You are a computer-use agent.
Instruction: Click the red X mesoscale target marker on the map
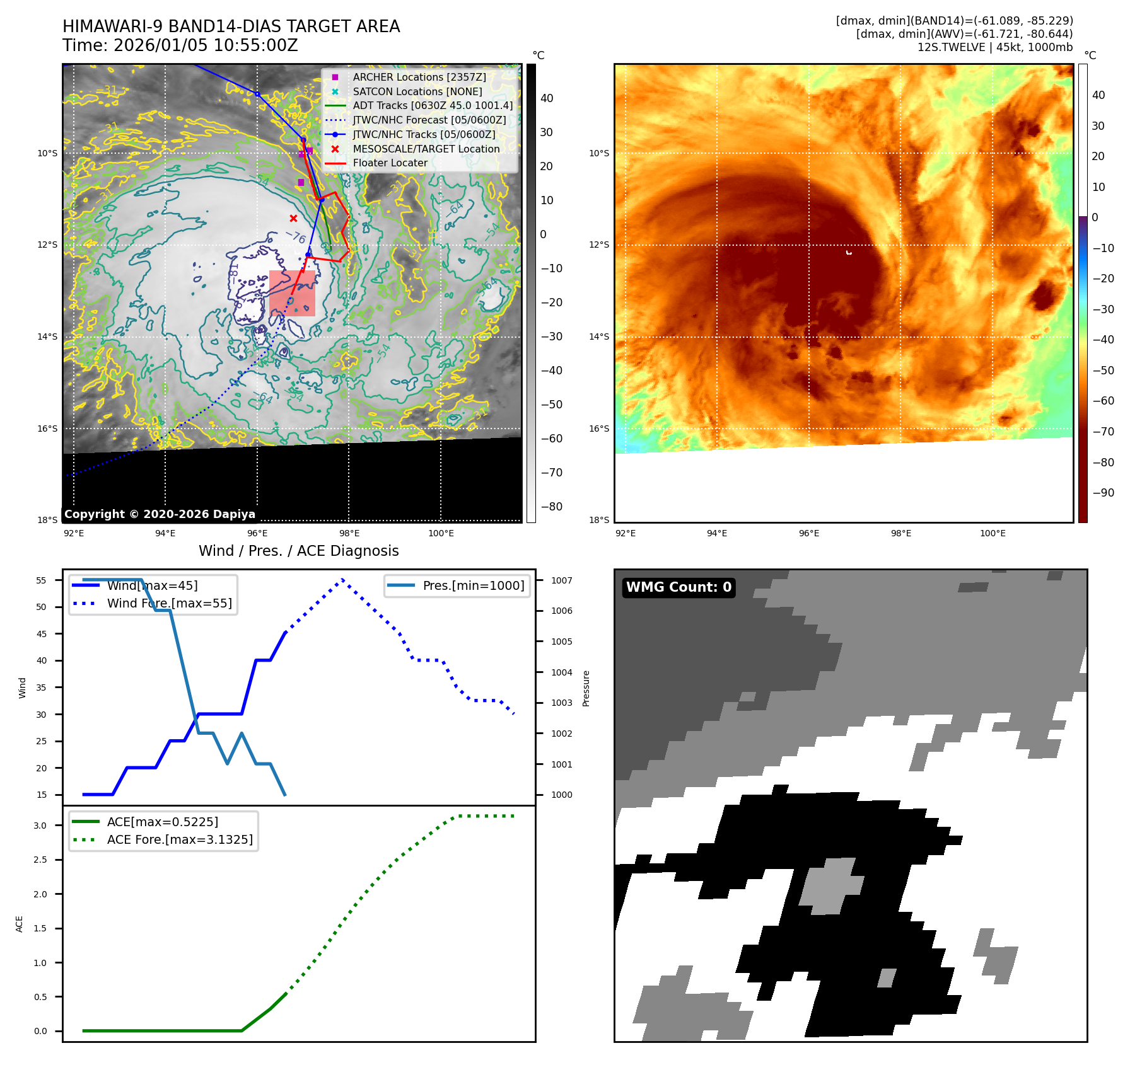point(293,219)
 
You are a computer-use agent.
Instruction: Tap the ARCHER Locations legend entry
point(419,77)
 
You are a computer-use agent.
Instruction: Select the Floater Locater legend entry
point(390,163)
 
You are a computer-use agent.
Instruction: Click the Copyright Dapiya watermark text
point(160,514)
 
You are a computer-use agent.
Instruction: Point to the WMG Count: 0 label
point(679,587)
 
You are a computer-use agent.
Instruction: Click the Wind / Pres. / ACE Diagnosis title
point(298,551)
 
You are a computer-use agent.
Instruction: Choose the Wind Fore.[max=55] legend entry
point(169,603)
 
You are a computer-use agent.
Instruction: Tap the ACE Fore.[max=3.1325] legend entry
point(180,839)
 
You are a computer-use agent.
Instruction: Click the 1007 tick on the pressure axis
point(562,580)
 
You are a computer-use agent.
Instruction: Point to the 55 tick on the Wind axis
point(42,580)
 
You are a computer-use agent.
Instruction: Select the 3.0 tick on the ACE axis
point(40,826)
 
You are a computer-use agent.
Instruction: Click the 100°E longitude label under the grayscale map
point(441,533)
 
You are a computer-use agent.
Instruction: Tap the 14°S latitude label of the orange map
point(599,337)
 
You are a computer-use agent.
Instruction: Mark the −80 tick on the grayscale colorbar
point(552,507)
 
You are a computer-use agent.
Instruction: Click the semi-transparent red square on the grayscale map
point(292,293)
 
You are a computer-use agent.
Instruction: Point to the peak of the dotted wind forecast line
point(342,579)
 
